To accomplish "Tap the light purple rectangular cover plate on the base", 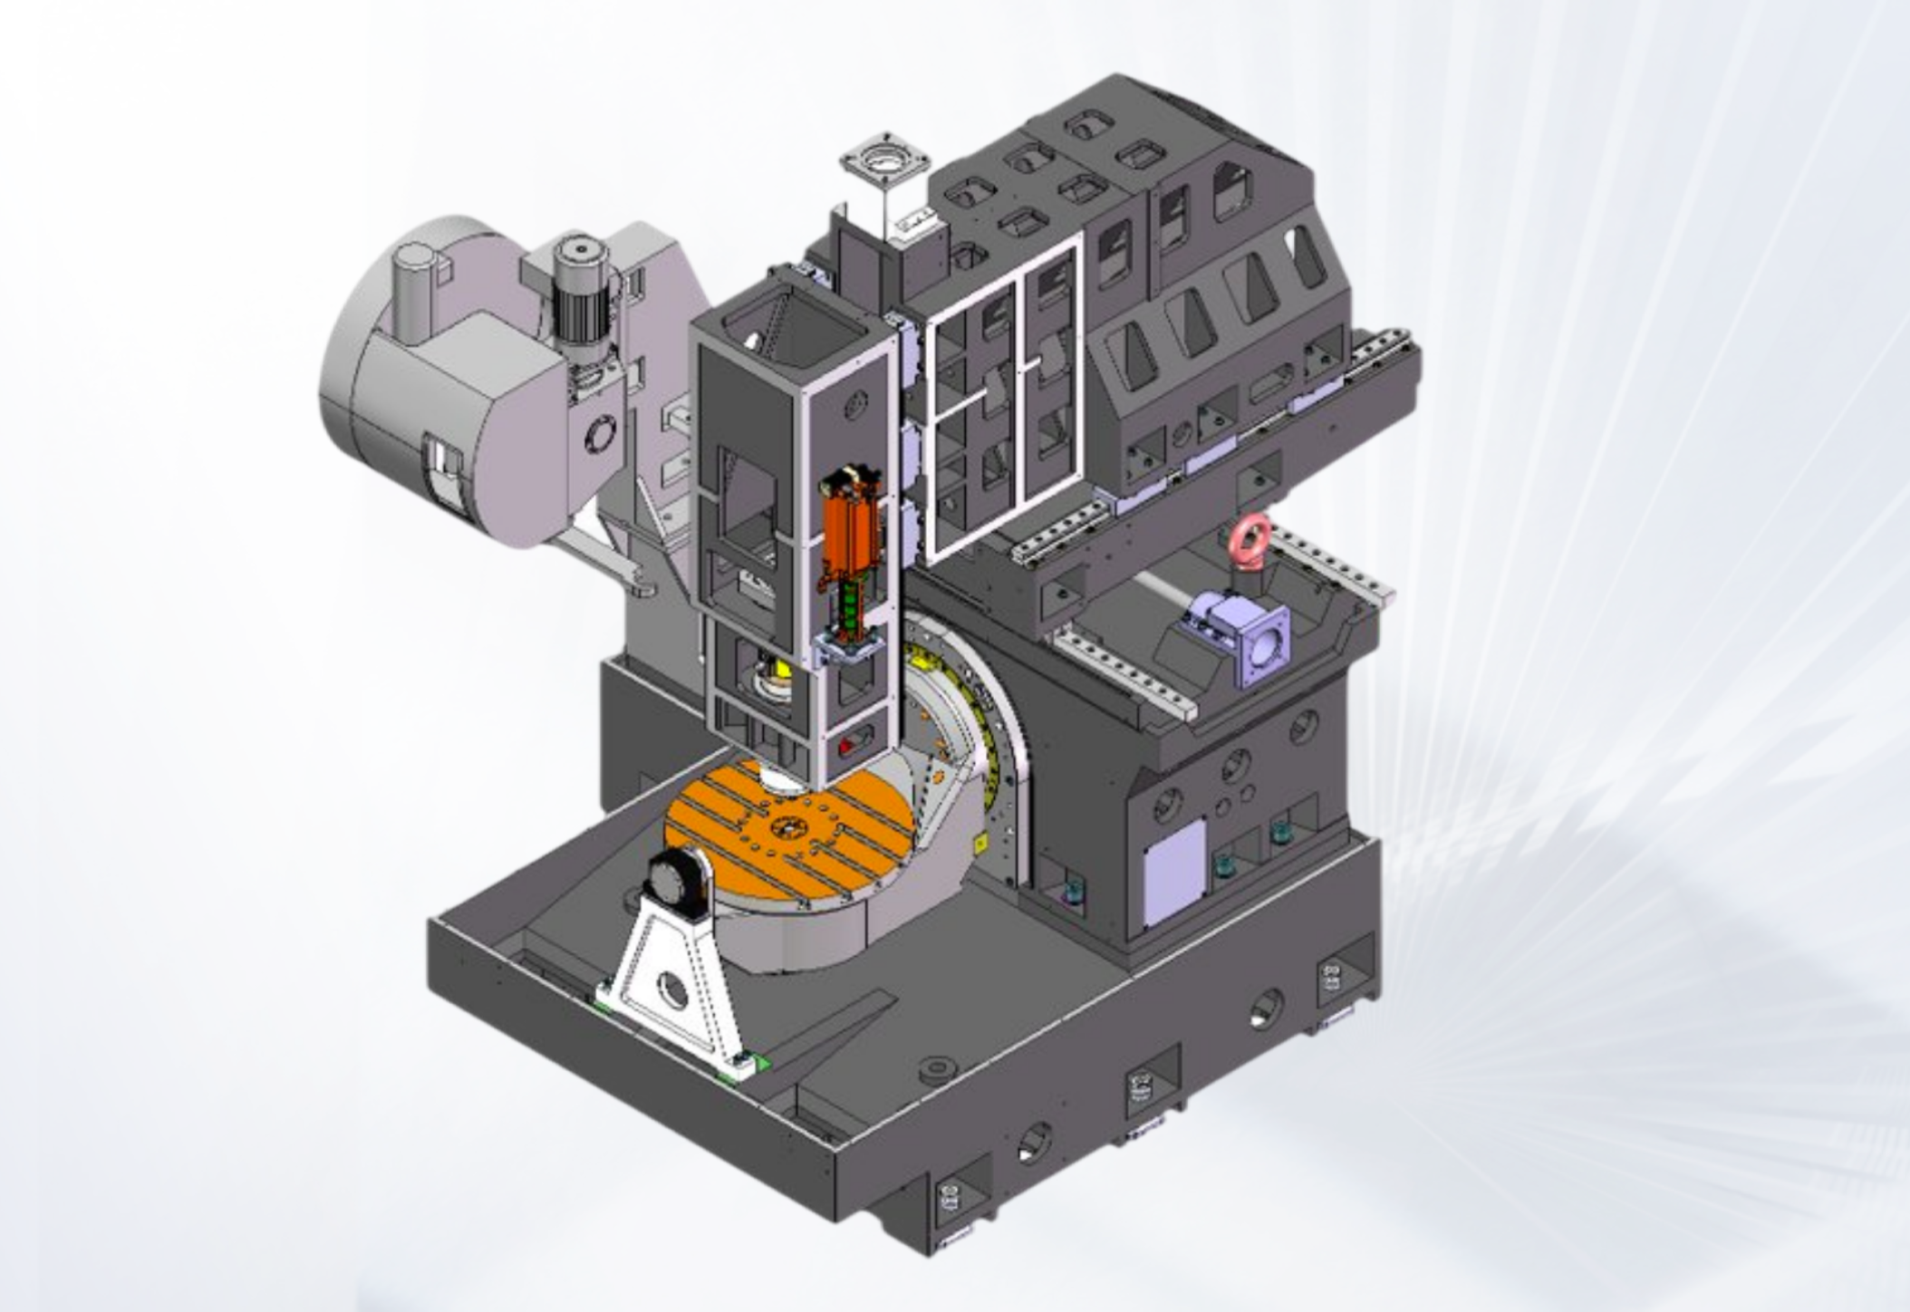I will pos(1175,873).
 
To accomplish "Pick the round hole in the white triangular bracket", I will pos(672,991).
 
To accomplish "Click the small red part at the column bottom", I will pos(846,746).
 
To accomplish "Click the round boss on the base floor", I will pos(939,1070).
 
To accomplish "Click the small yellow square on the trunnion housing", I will pos(979,843).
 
